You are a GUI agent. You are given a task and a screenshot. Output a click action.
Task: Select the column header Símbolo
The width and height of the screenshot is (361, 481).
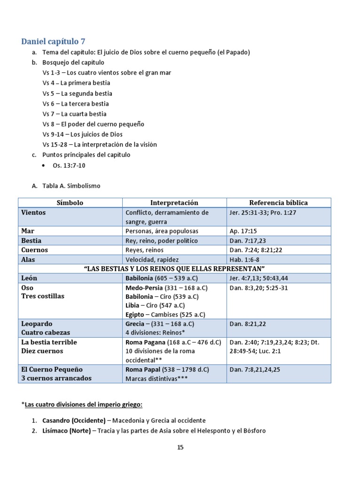pos(70,202)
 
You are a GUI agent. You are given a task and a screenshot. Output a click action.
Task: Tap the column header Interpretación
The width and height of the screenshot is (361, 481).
pos(174,202)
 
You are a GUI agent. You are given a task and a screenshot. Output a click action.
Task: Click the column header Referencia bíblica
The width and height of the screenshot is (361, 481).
pos(278,202)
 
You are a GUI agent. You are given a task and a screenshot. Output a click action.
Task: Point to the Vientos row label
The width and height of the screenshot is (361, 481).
pos(33,212)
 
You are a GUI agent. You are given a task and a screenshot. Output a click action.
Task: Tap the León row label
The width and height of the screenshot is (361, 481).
pos(29,278)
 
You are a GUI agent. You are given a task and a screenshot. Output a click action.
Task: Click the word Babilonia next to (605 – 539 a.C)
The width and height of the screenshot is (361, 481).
pos(139,278)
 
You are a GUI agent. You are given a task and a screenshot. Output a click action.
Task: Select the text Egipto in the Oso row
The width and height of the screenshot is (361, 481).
pos(136,314)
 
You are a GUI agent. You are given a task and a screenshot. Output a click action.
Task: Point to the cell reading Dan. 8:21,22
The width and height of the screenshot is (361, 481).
pos(247,324)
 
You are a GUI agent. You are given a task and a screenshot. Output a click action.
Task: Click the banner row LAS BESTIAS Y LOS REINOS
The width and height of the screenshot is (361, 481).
pos(174,269)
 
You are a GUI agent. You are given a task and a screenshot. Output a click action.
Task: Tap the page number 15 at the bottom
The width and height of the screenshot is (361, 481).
pos(180,447)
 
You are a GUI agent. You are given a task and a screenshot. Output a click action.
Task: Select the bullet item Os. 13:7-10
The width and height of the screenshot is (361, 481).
pos(69,165)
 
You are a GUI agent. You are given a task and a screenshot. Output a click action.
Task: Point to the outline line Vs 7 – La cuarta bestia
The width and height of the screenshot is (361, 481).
pos(74,114)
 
